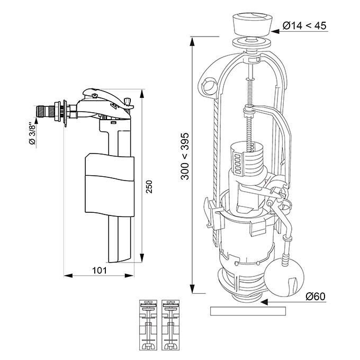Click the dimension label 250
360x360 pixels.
(x=149, y=187)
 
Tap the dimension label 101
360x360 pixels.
(x=100, y=270)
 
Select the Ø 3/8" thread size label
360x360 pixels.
(x=33, y=134)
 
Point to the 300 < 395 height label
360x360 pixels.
(x=185, y=156)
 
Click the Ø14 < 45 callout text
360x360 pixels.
(x=304, y=25)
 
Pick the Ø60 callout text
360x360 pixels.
(x=315, y=296)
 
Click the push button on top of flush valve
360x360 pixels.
(x=253, y=25)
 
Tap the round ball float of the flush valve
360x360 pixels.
(x=284, y=277)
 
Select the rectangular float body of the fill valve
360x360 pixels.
(x=110, y=185)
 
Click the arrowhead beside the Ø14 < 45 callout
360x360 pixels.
(x=275, y=31)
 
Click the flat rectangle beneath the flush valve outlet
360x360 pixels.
(x=248, y=311)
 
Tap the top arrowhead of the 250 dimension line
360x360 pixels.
(x=142, y=94)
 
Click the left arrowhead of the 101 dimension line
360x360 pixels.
(x=68, y=275)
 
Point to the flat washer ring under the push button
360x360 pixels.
(x=252, y=43)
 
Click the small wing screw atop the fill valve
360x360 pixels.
(x=127, y=101)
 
